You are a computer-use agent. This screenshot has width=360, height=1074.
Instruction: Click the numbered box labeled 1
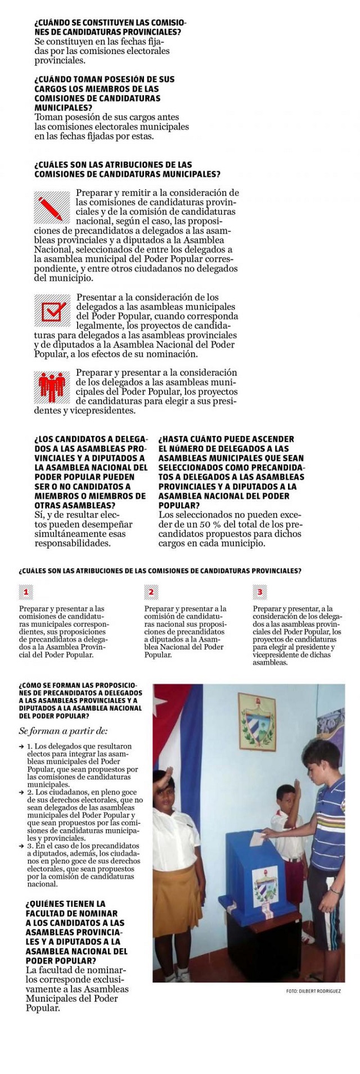click(26, 591)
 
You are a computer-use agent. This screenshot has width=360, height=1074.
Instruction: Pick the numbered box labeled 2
click(151, 591)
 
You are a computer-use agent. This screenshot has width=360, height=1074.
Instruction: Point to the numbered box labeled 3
click(259, 591)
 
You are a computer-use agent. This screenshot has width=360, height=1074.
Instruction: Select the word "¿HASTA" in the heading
click(174, 439)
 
